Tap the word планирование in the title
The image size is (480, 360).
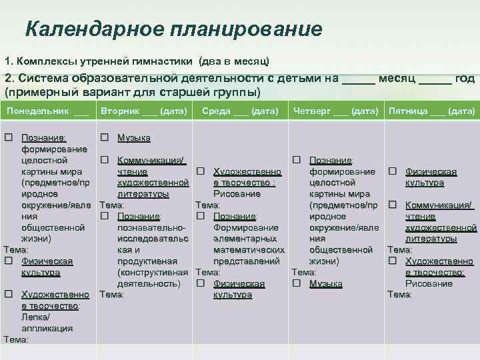pyautogui.click(x=246, y=29)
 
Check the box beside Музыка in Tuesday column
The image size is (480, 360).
pyautogui.click(x=105, y=137)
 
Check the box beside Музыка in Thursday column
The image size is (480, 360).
pyautogui.click(x=297, y=284)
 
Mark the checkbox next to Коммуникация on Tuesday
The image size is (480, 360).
pyautogui.click(x=105, y=160)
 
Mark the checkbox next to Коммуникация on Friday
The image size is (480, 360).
pyautogui.click(x=393, y=205)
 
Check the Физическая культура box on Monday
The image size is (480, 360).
pyautogui.click(x=9, y=261)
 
